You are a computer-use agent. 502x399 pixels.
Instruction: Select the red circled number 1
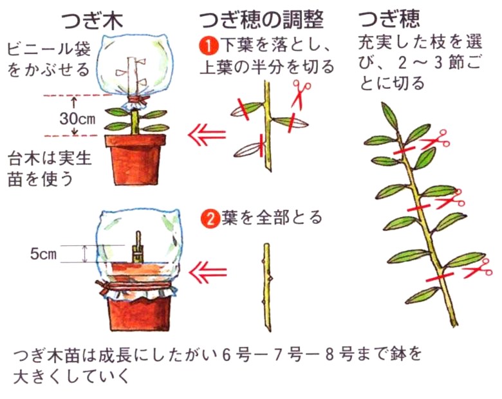[205, 46]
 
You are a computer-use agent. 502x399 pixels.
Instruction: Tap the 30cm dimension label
[77, 119]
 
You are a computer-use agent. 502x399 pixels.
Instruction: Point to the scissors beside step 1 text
[300, 93]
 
